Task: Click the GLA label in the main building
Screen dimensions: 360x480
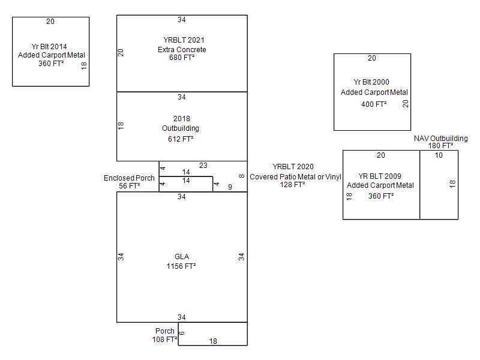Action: [182, 257]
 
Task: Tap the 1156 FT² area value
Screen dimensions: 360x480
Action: [182, 266]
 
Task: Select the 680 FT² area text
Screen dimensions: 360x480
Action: [182, 58]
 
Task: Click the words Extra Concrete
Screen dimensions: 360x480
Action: [182, 49]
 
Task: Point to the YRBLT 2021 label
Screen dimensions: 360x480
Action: [182, 40]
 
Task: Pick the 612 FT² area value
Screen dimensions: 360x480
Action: [182, 139]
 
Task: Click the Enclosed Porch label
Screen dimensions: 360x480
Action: [129, 178]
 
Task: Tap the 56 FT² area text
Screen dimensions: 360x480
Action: [129, 186]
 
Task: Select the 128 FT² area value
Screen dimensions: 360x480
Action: [293, 185]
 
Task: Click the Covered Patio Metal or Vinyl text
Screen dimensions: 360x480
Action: [295, 176]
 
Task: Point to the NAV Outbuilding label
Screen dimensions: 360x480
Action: [440, 139]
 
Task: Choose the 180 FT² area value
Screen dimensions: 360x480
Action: [440, 146]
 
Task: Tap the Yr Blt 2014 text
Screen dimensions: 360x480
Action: [50, 46]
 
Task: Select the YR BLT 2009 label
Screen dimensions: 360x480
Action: [380, 176]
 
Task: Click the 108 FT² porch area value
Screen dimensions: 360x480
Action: [164, 340]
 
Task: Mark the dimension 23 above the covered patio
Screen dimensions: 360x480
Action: [203, 166]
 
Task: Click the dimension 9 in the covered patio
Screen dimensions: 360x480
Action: [230, 187]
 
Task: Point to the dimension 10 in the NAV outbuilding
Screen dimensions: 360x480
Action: [439, 155]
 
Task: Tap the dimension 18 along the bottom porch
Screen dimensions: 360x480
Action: [213, 341]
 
